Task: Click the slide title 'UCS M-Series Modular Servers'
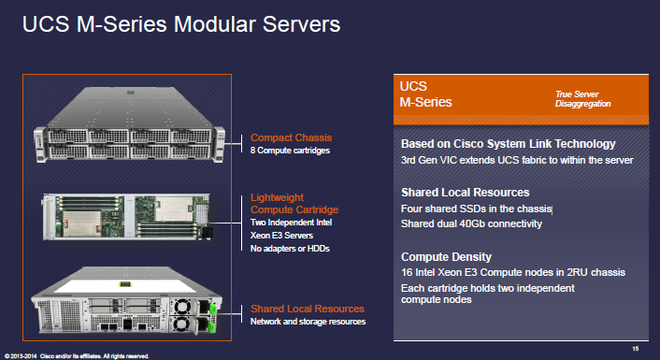coord(181,24)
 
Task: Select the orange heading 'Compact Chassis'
coord(291,137)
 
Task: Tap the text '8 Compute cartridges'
coord(290,151)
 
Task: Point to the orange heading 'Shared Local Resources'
coord(308,309)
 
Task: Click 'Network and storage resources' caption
coord(308,322)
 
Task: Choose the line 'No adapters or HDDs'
coord(290,249)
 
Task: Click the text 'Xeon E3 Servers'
coord(281,236)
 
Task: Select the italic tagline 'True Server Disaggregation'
coord(582,99)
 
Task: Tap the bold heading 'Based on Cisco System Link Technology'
coord(508,144)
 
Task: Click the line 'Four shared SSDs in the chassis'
coord(476,209)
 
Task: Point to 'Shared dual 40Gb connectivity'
coord(471,223)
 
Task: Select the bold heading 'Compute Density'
coord(446,257)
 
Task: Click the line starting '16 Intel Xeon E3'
coord(513,272)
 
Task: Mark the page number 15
coord(635,349)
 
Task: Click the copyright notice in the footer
coord(77,356)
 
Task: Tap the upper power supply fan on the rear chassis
coord(182,307)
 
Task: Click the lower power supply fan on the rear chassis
coord(182,324)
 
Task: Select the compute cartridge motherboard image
coord(127,217)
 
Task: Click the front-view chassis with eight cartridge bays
coord(130,124)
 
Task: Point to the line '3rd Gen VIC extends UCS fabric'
coord(517,161)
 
